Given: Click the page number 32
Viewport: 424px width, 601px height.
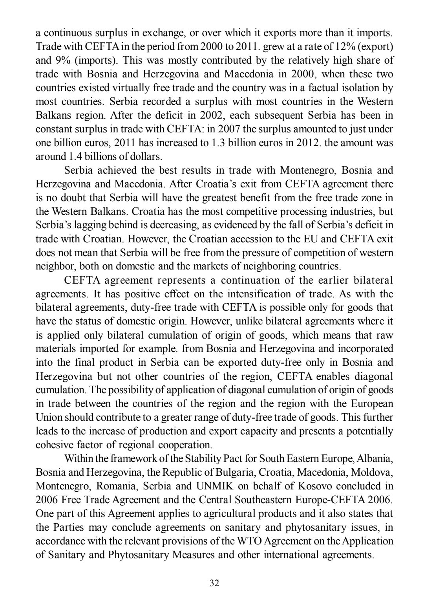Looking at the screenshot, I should tap(214, 583).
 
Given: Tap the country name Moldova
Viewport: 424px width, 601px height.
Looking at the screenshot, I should tap(374, 473).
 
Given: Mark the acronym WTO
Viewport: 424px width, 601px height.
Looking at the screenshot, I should tap(249, 541).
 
